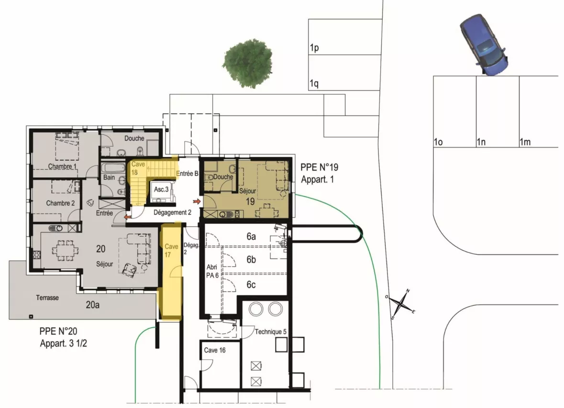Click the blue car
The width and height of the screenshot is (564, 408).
(x=484, y=45)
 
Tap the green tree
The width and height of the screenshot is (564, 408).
(x=247, y=64)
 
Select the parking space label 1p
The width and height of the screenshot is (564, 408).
(x=314, y=48)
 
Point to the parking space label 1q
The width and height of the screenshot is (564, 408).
(x=314, y=84)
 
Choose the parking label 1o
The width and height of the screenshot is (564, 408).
(x=438, y=142)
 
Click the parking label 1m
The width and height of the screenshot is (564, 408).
(x=525, y=142)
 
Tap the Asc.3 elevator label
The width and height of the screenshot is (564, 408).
(x=161, y=189)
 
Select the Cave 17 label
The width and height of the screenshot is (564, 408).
(x=171, y=251)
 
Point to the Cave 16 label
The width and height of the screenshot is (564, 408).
(x=215, y=350)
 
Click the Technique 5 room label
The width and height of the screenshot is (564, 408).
(x=271, y=332)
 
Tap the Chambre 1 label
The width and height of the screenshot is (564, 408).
(x=62, y=166)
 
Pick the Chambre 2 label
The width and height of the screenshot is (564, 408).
(x=60, y=203)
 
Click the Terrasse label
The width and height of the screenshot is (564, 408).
(x=47, y=298)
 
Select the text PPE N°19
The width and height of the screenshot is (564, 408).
(x=320, y=167)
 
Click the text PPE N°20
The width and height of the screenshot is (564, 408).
(x=58, y=331)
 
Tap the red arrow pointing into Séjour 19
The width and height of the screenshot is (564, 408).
(x=197, y=201)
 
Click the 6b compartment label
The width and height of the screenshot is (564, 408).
(x=251, y=259)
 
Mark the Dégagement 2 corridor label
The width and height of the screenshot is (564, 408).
(x=172, y=213)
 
